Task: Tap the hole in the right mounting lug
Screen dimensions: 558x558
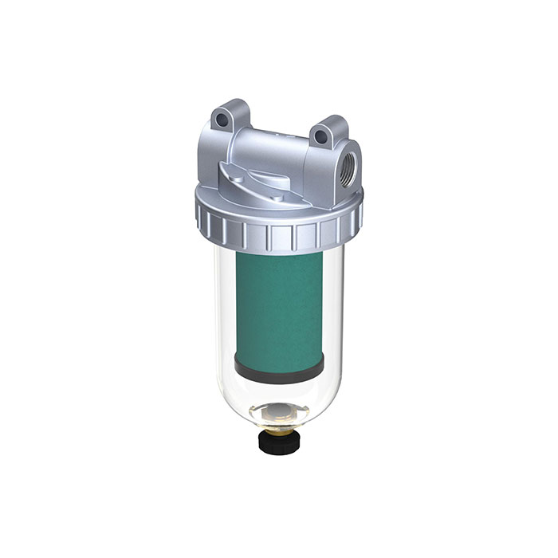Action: click(x=321, y=137)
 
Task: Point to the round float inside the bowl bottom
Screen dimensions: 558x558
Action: click(x=279, y=412)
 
